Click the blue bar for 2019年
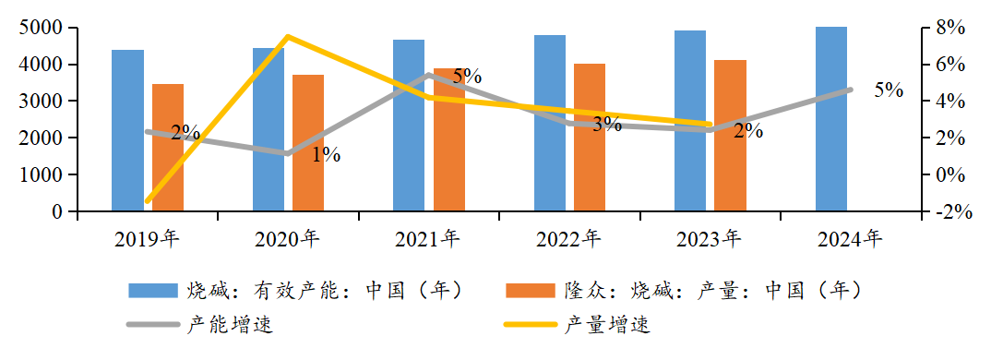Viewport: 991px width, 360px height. (x=127, y=130)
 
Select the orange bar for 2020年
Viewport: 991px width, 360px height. (x=308, y=142)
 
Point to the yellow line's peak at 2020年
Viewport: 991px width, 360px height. (x=287, y=37)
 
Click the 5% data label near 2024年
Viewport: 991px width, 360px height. (x=889, y=90)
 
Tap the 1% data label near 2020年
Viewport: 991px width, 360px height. (x=326, y=155)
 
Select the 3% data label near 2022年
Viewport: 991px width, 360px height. (x=606, y=125)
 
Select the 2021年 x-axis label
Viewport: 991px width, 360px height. (x=427, y=240)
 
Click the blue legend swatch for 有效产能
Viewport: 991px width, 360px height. (x=153, y=291)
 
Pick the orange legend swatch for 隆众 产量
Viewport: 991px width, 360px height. (x=529, y=291)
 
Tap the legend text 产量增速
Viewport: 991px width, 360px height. (x=607, y=325)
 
